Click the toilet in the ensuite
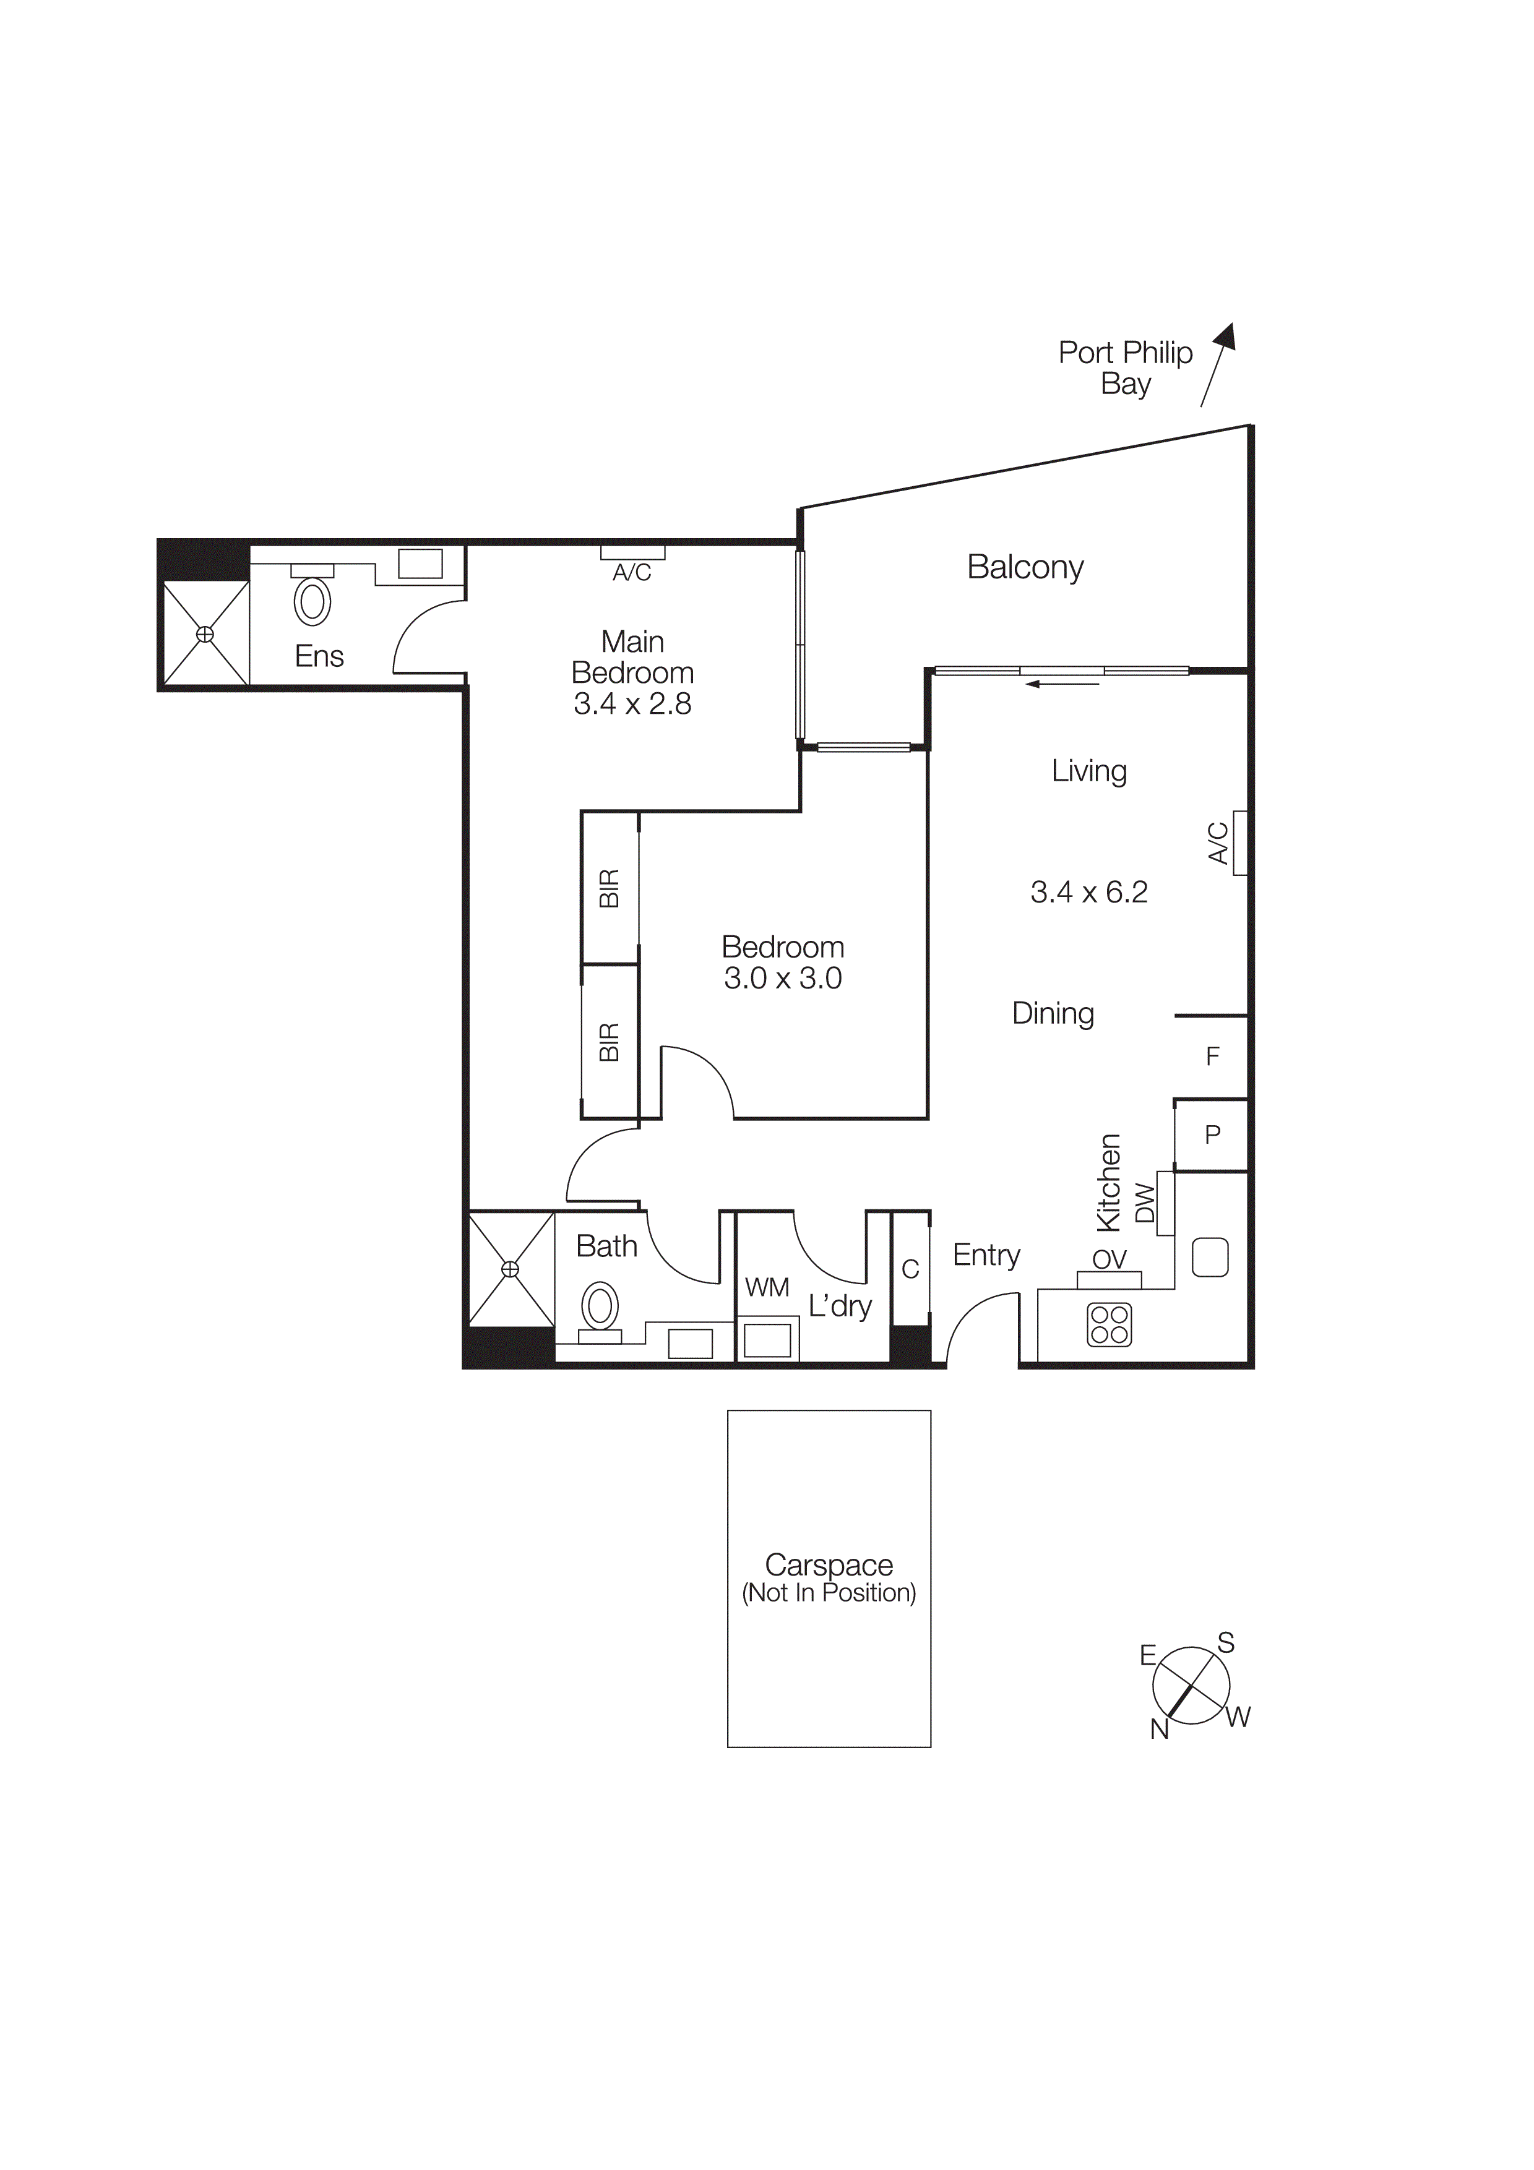pyautogui.click(x=312, y=601)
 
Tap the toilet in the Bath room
pyautogui.click(x=599, y=1307)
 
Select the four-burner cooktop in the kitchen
pyautogui.click(x=1109, y=1324)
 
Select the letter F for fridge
pyautogui.click(x=1213, y=1057)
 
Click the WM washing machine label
pyautogui.click(x=767, y=1287)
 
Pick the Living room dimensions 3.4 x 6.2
pyautogui.click(x=1089, y=892)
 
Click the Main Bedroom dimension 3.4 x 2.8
pyautogui.click(x=632, y=704)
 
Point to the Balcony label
pyautogui.click(x=1025, y=567)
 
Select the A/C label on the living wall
pyautogui.click(x=1218, y=843)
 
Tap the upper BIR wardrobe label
pyautogui.click(x=610, y=888)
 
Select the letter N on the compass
pyautogui.click(x=1159, y=1728)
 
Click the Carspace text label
pyautogui.click(x=829, y=1565)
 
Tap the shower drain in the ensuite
pyautogui.click(x=205, y=634)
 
